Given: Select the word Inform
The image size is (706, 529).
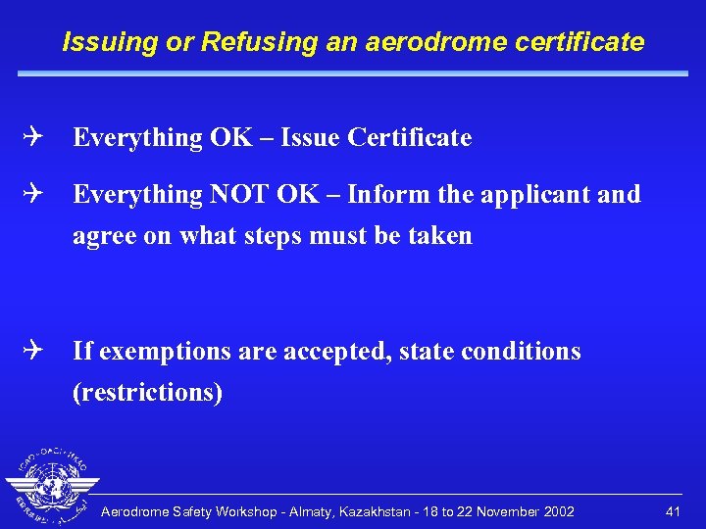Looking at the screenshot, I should tap(383, 195).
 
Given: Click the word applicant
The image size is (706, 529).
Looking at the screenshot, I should tap(534, 195).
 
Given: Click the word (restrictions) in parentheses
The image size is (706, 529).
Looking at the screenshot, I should tap(148, 393).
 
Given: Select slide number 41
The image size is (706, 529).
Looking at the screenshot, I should tap(673, 511).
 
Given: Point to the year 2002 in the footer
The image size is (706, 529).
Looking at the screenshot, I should tap(556, 511).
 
